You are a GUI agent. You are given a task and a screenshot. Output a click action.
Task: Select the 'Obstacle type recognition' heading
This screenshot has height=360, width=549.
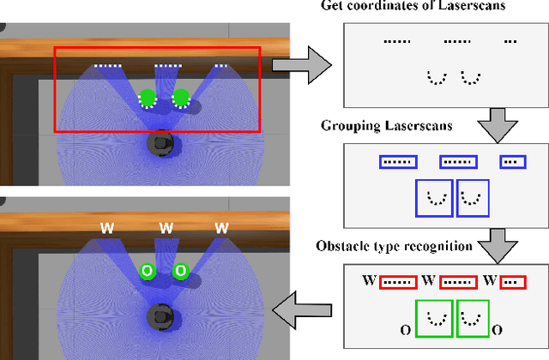coord(406,246)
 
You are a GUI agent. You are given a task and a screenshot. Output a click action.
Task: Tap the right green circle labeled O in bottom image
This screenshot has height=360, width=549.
coord(180,271)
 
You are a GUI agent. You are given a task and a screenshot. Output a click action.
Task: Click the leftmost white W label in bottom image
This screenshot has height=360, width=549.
coord(107,229)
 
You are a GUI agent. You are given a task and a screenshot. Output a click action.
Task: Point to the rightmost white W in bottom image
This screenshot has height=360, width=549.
coord(221,229)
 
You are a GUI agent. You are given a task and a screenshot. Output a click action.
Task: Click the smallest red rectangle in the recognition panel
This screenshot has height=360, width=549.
coord(510,280)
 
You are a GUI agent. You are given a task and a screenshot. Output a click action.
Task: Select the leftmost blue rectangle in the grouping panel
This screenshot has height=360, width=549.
coord(396,161)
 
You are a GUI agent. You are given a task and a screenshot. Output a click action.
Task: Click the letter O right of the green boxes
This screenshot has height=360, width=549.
coord(497,329)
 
